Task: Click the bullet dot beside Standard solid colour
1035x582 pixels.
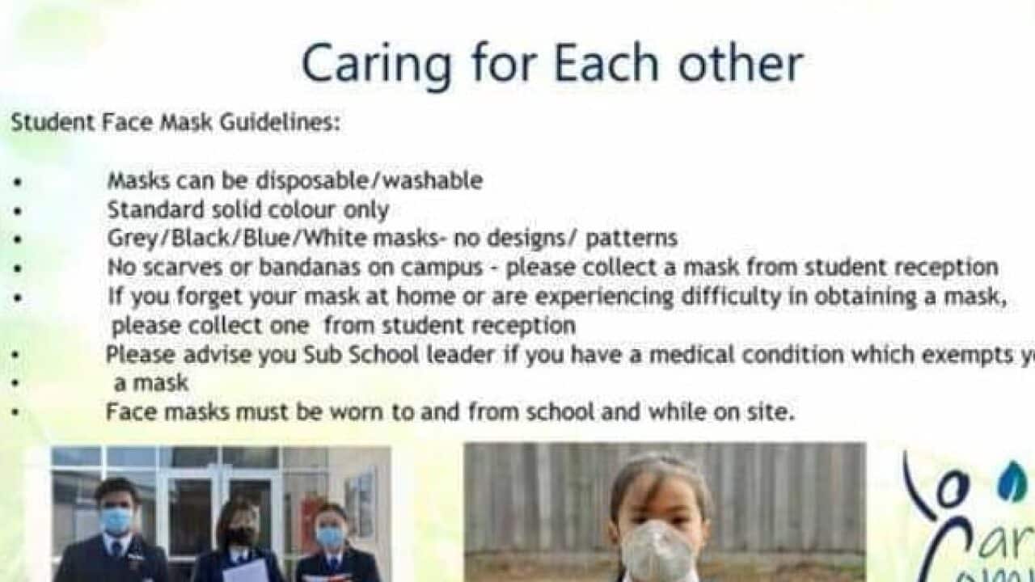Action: (x=17, y=210)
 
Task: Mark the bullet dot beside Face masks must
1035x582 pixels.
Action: (x=17, y=412)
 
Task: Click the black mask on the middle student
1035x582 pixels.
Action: (x=240, y=535)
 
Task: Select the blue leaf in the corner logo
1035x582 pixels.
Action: (x=1011, y=483)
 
